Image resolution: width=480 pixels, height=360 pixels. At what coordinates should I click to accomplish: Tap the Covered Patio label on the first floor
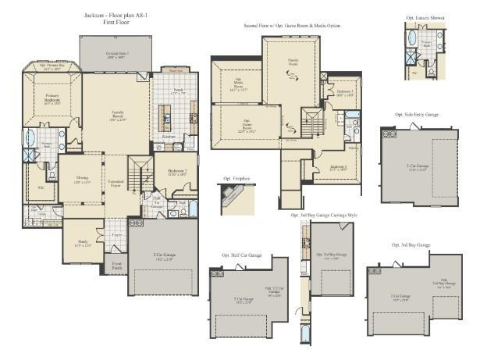118,55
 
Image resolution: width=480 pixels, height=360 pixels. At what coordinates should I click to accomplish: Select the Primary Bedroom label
52,101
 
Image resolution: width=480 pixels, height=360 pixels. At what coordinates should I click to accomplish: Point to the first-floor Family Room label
118,116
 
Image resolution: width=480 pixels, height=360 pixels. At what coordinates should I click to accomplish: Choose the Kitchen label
169,137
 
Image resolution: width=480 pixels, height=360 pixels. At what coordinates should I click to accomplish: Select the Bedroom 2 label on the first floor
176,171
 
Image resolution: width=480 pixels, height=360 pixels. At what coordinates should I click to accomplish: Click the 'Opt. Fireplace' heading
236,178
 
